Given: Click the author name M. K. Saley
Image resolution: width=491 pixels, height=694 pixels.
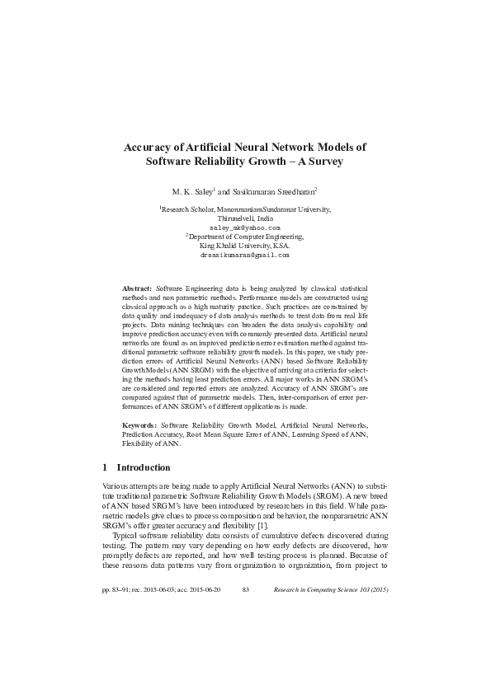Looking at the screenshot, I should point(191,190).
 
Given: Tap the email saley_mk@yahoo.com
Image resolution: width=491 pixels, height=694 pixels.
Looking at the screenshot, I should point(245,227).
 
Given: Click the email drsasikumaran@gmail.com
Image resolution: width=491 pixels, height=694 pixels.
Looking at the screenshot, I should point(245,255).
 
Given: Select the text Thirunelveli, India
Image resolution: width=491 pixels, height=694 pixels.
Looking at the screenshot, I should point(245,218).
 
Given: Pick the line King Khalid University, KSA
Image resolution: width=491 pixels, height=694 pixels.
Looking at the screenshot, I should point(245,246).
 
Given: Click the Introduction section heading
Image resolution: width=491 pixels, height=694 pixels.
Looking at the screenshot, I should point(144,467).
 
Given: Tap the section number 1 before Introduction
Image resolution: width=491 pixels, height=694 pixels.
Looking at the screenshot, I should point(104,467).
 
